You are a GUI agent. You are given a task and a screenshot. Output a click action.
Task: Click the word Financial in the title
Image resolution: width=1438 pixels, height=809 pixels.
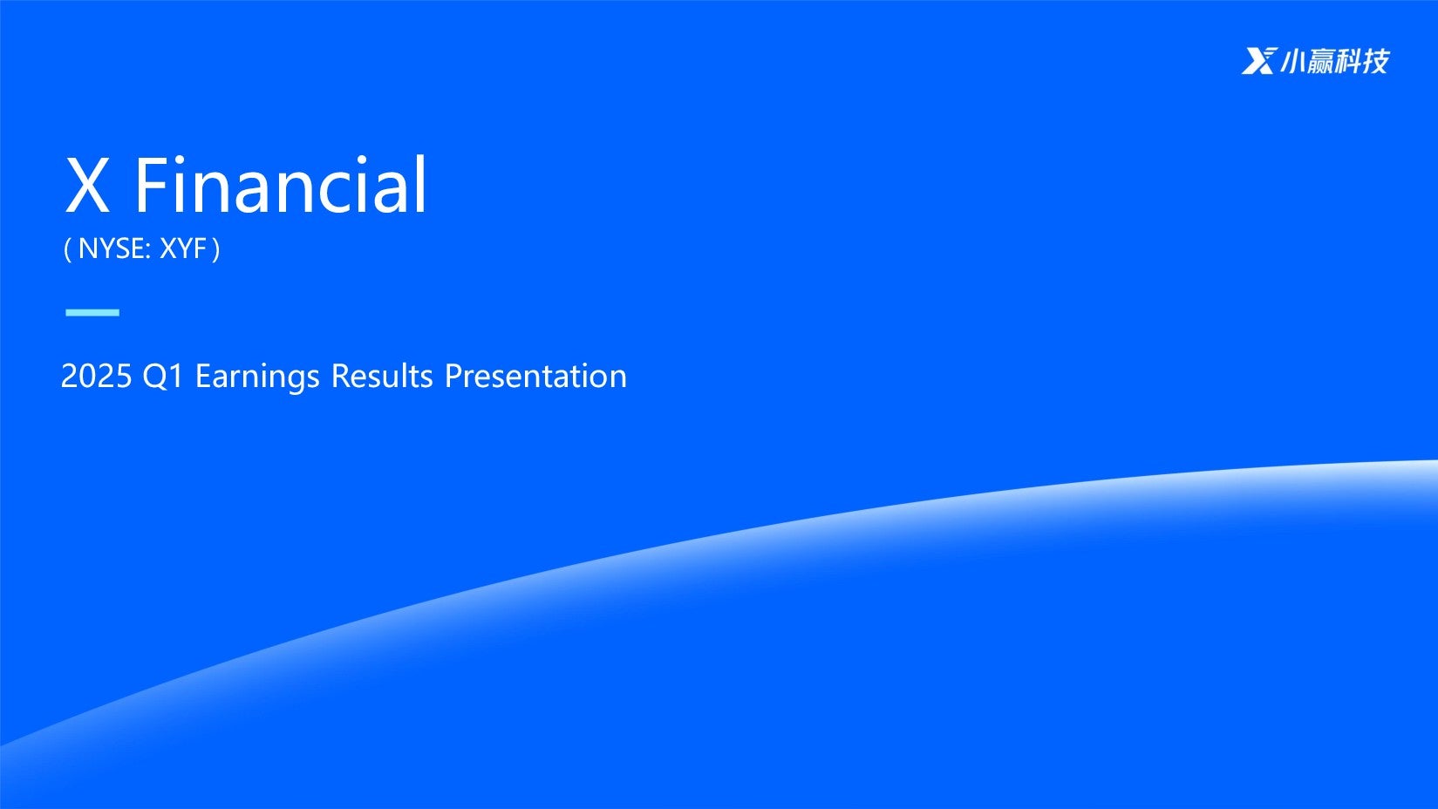[281, 184]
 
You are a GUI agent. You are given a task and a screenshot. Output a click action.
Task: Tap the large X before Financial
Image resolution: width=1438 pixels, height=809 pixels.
[87, 185]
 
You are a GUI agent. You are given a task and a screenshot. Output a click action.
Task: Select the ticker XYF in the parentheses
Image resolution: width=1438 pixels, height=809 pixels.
[183, 249]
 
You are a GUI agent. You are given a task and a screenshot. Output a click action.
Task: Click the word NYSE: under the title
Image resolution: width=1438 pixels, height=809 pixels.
[114, 249]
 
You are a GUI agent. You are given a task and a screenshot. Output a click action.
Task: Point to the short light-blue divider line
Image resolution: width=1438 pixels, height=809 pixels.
[92, 312]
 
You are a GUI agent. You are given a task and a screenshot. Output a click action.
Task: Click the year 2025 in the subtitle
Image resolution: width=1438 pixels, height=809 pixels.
[96, 376]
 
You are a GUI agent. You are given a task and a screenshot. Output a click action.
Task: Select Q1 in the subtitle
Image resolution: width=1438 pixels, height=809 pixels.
[163, 377]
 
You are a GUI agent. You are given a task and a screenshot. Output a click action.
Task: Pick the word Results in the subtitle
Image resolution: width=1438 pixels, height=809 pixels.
[382, 376]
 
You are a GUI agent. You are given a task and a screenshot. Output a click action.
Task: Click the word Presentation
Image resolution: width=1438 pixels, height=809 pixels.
[535, 376]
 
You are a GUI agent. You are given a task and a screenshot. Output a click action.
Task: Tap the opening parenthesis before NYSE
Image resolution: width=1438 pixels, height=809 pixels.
[67, 249]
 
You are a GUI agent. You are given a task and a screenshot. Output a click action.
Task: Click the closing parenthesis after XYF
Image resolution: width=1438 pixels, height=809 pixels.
[215, 249]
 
